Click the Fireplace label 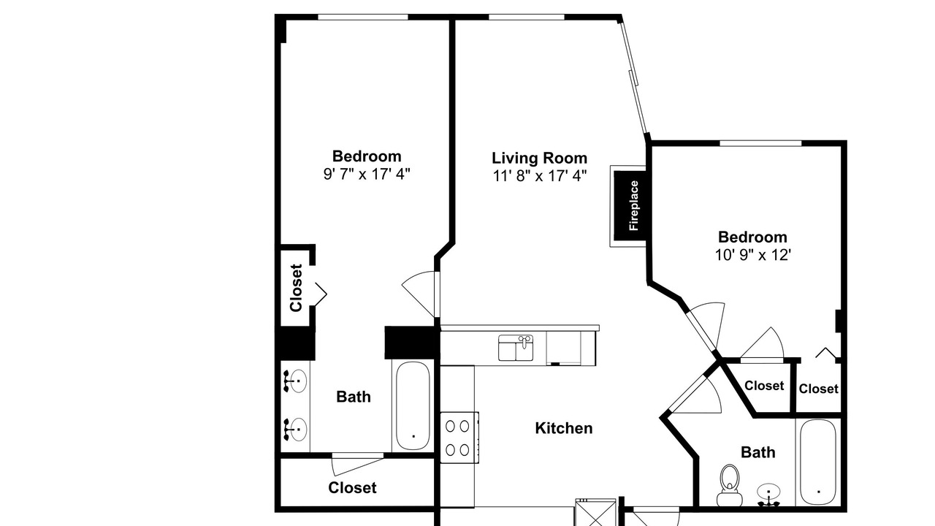tap(633, 205)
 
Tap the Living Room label tap(539, 159)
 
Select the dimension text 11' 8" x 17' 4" tap(540, 176)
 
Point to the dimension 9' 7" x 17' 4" tap(367, 174)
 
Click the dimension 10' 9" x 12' tap(752, 255)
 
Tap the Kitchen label tap(563, 428)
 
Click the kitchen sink tap(516, 347)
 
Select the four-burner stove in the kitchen tap(459, 438)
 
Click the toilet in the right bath tap(730, 486)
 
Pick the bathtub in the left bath tap(413, 405)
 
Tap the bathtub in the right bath tap(818, 462)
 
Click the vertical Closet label tap(296, 288)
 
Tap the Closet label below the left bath tap(352, 487)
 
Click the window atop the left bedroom tap(363, 17)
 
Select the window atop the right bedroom tap(760, 143)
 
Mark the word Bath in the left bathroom tap(354, 397)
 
